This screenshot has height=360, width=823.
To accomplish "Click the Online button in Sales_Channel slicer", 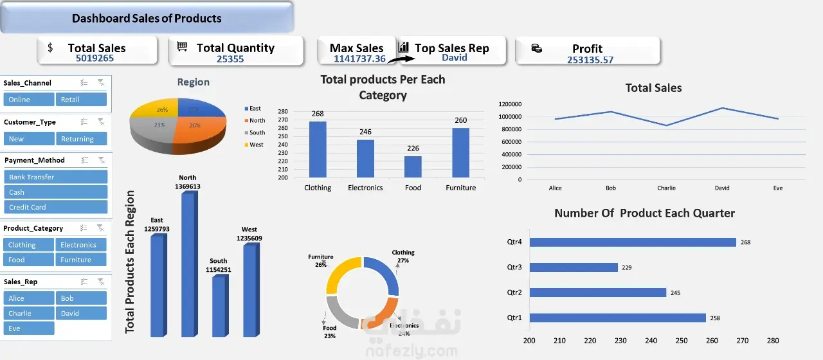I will coord(28,100).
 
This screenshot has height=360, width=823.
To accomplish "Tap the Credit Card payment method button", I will coord(55,207).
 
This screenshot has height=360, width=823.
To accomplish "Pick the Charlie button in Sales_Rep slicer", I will coord(28,313).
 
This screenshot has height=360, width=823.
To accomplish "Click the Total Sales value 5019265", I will coord(95,59).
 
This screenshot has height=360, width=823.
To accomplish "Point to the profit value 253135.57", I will coord(590,60).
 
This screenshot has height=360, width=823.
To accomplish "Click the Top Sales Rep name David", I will coord(454,58).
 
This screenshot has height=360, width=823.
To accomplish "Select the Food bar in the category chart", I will coord(413,167).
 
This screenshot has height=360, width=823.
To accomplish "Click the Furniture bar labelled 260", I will coord(460,153).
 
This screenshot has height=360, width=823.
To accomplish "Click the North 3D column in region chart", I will coord(188,264).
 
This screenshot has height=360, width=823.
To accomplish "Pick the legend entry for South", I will coord(257,132).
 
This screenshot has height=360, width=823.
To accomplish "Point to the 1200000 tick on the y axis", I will coord(509,104).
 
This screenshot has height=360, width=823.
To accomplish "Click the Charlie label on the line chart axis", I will coord(666,188).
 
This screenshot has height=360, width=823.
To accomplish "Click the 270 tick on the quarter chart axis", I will coord(742,341).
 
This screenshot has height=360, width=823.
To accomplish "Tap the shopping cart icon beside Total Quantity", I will coord(183,47).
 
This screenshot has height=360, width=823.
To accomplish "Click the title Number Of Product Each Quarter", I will coord(644,213).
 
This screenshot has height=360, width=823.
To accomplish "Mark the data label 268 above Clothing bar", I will coord(318,114).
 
